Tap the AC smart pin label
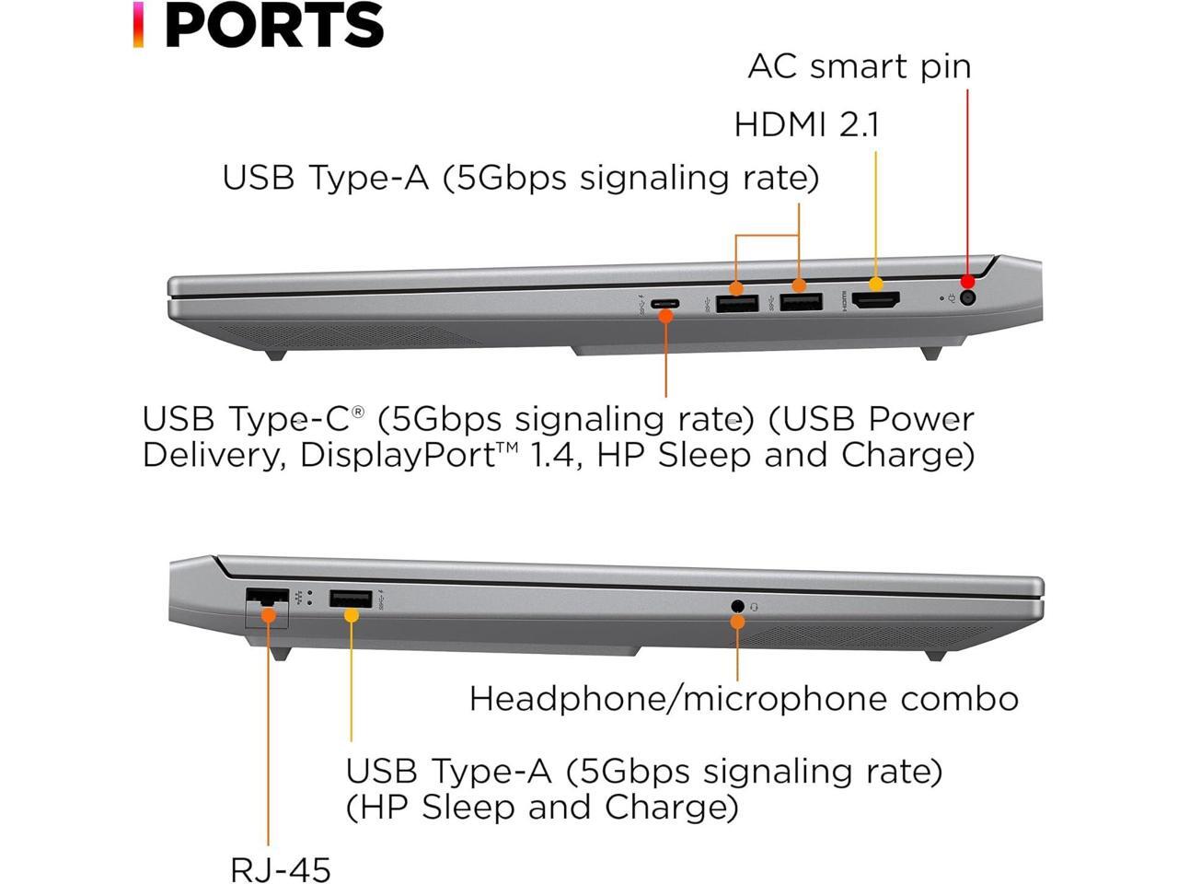point(859,66)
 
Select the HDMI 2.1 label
point(806,123)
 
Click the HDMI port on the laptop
point(875,299)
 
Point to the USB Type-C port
point(664,303)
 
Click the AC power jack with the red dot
point(967,297)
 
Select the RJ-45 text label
point(280,868)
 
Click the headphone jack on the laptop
point(737,606)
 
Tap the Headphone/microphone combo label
point(744,699)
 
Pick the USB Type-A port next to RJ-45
point(351,599)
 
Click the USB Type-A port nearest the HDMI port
point(801,301)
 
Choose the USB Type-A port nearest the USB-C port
point(737,302)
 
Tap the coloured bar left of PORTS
point(138,25)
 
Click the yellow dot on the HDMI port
point(875,285)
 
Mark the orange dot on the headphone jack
point(737,622)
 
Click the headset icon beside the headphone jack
point(756,606)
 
